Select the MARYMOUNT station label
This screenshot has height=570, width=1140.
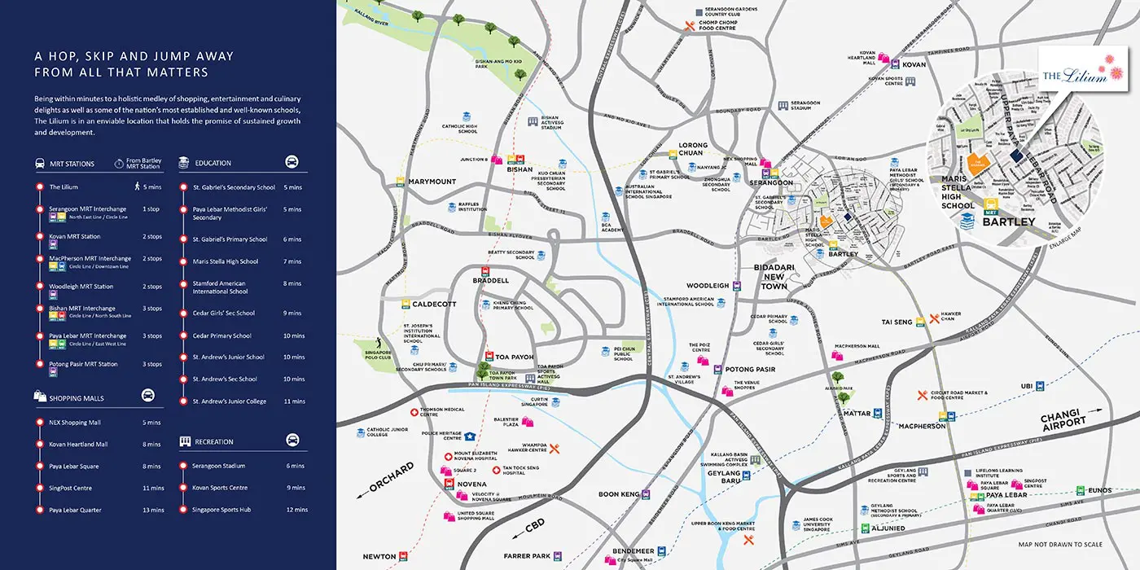pyautogui.click(x=432, y=181)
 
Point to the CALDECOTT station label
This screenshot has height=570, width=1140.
pyautogui.click(x=435, y=304)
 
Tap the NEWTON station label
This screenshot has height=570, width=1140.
pyautogui.click(x=379, y=557)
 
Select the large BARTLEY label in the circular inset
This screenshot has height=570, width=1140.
pyautogui.click(x=1010, y=221)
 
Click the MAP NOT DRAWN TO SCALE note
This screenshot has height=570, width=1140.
pyautogui.click(x=1060, y=544)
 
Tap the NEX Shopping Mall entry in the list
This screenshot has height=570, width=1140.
pyautogui.click(x=75, y=423)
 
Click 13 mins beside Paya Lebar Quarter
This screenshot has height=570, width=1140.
pyautogui.click(x=152, y=511)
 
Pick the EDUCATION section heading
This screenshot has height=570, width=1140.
pyautogui.click(x=213, y=163)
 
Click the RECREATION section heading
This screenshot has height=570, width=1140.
pyautogui.click(x=213, y=442)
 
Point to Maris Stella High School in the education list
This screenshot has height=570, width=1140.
pyautogui.click(x=226, y=261)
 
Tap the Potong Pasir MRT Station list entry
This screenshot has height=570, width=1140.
pyautogui.click(x=83, y=364)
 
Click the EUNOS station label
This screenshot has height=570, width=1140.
pyautogui.click(x=1099, y=490)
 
